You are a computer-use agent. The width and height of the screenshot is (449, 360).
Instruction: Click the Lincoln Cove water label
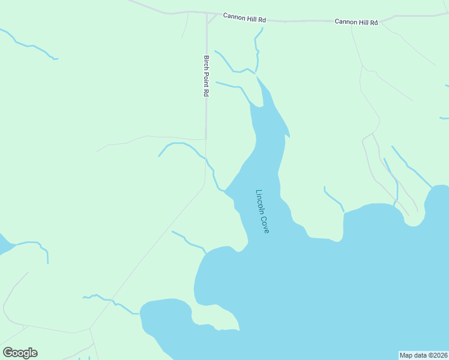[263, 211]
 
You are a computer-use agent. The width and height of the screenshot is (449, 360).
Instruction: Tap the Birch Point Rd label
[206, 76]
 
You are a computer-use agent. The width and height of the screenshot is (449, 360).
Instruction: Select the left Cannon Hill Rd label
[244, 17]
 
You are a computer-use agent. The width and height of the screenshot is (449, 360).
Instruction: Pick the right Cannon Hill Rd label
[356, 22]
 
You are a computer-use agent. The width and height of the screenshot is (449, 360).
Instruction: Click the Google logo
[20, 352]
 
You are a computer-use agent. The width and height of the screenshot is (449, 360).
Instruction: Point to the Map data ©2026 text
[423, 355]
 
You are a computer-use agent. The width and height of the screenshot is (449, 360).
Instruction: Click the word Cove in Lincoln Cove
[265, 224]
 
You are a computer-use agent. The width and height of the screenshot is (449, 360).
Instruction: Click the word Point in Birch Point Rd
[206, 77]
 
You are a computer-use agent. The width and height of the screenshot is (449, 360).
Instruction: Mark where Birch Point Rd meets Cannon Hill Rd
[207, 13]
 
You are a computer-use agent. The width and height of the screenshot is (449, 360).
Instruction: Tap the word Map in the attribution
[406, 355]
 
